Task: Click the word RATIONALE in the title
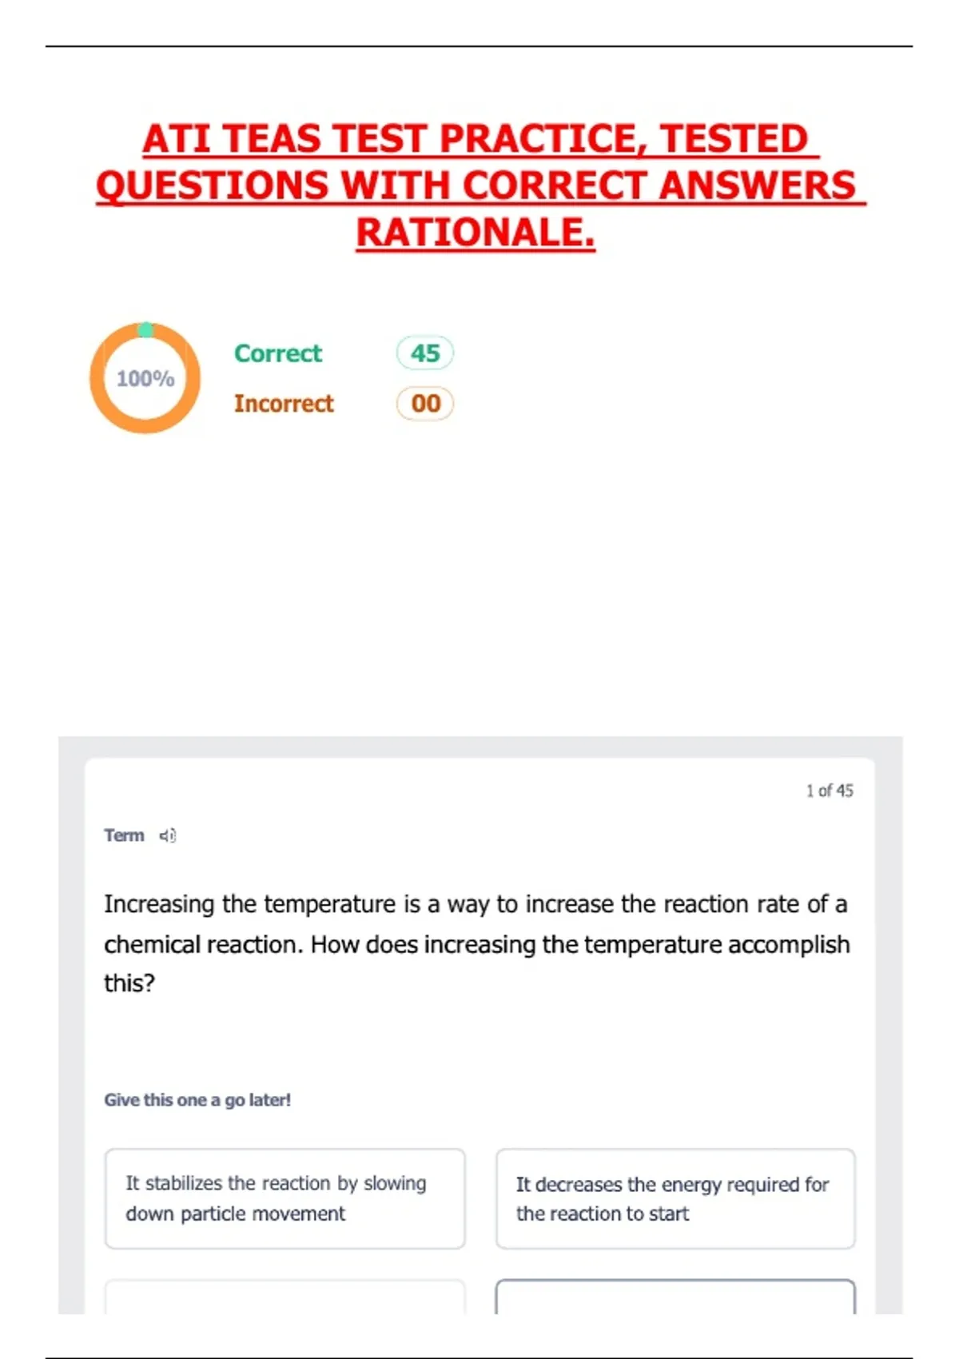point(475,233)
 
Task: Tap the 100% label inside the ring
point(145,378)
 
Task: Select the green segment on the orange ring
point(146,329)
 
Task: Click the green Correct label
point(277,353)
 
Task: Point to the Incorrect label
point(284,404)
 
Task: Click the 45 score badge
point(425,353)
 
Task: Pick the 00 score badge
point(425,404)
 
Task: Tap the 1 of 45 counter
point(829,791)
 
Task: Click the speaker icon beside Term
point(167,835)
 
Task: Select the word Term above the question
point(124,835)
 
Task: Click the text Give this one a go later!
point(197,1100)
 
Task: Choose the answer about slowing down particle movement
point(285,1198)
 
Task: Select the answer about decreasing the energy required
point(675,1198)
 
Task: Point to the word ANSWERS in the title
point(757,185)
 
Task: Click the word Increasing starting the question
point(159,904)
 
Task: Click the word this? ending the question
point(129,982)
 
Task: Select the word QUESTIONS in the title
point(212,185)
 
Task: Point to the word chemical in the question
point(152,944)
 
